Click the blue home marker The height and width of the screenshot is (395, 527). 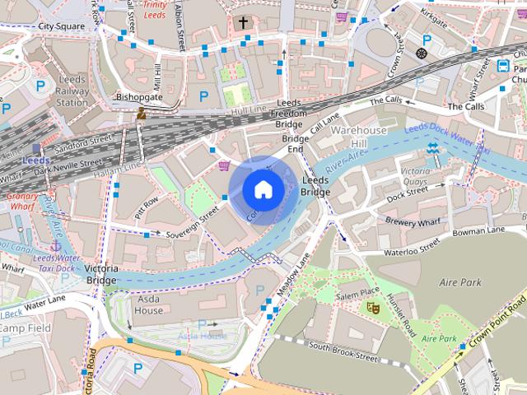point(262,189)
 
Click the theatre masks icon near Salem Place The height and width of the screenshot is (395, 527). point(372,307)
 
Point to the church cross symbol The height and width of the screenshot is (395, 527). point(244,22)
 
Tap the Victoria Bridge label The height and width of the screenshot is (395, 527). point(100,274)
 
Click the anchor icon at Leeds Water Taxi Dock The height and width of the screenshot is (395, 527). point(57,245)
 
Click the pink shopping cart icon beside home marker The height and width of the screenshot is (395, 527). point(224,166)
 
